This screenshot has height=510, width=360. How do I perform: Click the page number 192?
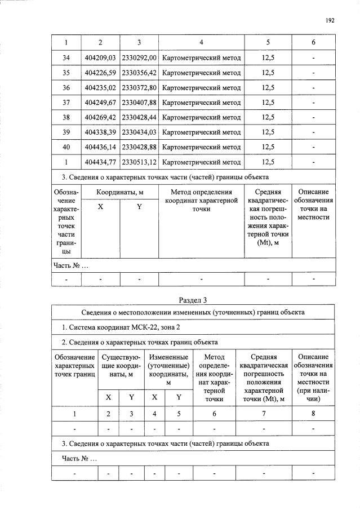[x=330, y=20]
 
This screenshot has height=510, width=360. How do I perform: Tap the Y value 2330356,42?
[x=139, y=73]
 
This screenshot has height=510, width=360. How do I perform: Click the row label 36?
[x=66, y=88]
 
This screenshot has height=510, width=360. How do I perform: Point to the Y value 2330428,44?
[x=139, y=117]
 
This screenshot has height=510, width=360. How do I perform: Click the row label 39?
[x=66, y=132]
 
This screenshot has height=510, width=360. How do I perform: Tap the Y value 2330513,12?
[x=139, y=162]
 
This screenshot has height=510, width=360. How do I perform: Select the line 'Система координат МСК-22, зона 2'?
[x=121, y=328]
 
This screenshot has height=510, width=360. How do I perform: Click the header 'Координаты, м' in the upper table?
[x=119, y=192]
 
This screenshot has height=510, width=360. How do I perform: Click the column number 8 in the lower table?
[x=313, y=414]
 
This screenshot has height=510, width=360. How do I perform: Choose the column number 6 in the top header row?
[x=313, y=43]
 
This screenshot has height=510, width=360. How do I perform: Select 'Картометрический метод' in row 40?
[x=201, y=147]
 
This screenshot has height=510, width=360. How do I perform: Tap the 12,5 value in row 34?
[x=268, y=58]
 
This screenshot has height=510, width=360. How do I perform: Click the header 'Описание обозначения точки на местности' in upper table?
[x=313, y=205]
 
